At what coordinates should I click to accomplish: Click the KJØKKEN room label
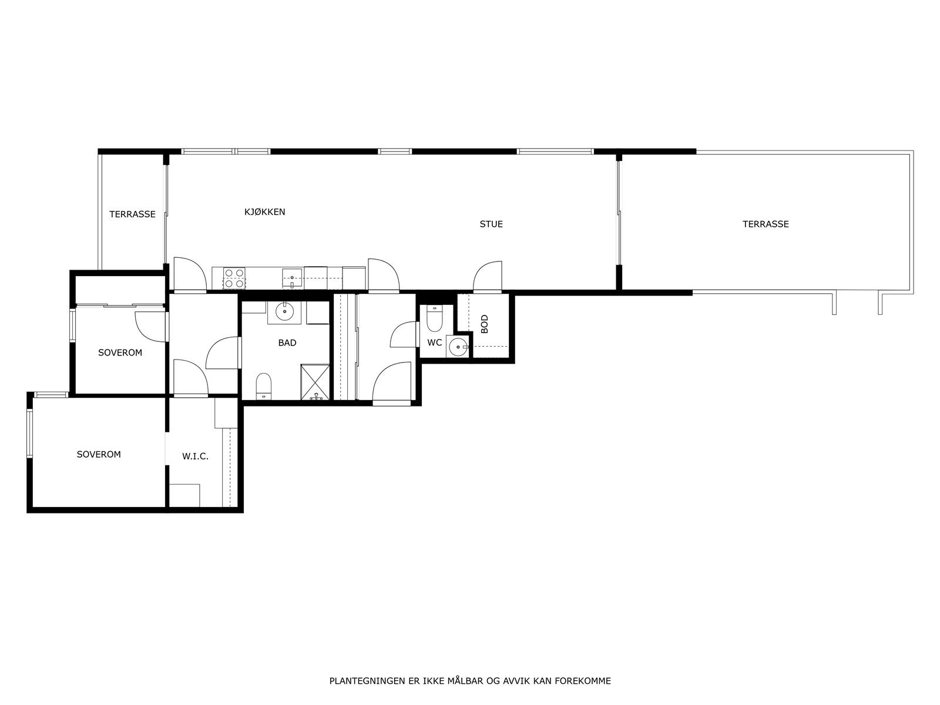pyautogui.click(x=264, y=212)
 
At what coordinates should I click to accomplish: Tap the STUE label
pyautogui.click(x=491, y=224)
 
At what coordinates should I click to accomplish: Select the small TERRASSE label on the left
pyautogui.click(x=132, y=214)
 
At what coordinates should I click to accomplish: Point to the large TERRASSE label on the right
pyautogui.click(x=765, y=224)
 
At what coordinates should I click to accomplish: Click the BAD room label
pyautogui.click(x=287, y=343)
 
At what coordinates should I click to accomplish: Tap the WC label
pyautogui.click(x=434, y=343)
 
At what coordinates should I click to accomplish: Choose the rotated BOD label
pyautogui.click(x=484, y=324)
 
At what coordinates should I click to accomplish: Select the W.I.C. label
pyautogui.click(x=195, y=456)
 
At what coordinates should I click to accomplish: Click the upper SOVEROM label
pyautogui.click(x=120, y=353)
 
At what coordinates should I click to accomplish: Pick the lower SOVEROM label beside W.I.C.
pyautogui.click(x=99, y=455)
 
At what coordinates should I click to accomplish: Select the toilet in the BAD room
pyautogui.click(x=264, y=385)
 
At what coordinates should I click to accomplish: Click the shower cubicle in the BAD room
pyautogui.click(x=315, y=382)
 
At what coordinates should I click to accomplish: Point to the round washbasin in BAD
pyautogui.click(x=285, y=312)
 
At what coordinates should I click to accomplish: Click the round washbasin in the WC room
pyautogui.click(x=457, y=347)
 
